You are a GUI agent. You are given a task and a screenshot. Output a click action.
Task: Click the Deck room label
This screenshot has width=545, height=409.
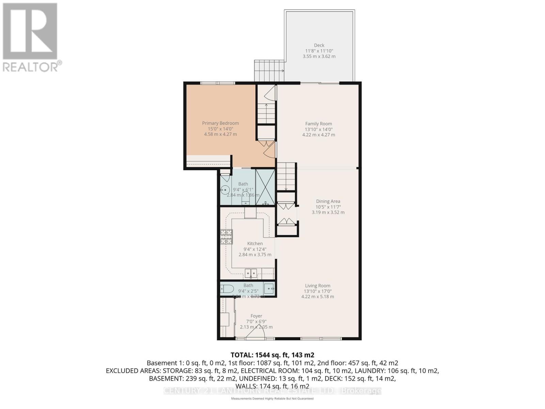319,45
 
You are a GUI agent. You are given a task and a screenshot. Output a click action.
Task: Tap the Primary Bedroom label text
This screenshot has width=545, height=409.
220,123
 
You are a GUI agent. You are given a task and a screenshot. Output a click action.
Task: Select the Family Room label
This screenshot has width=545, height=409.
318,124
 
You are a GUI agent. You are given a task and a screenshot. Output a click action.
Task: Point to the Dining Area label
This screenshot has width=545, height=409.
328,201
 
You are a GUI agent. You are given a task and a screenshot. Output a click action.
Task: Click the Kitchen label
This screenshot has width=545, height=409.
255,244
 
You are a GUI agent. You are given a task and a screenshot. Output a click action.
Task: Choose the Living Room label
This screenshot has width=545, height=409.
317,286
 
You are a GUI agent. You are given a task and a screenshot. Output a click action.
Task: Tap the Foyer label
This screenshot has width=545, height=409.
256,316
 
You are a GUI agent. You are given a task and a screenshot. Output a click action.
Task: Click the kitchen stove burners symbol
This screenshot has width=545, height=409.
227,237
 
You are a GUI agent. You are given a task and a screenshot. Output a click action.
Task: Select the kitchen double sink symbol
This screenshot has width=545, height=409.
251,273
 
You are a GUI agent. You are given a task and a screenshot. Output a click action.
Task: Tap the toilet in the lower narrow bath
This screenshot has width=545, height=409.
227,289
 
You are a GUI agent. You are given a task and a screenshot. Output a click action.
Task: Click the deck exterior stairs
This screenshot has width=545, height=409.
269,71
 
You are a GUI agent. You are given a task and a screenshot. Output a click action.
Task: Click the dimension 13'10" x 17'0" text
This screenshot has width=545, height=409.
317,291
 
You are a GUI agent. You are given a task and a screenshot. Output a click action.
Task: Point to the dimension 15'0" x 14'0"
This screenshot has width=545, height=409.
220,129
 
